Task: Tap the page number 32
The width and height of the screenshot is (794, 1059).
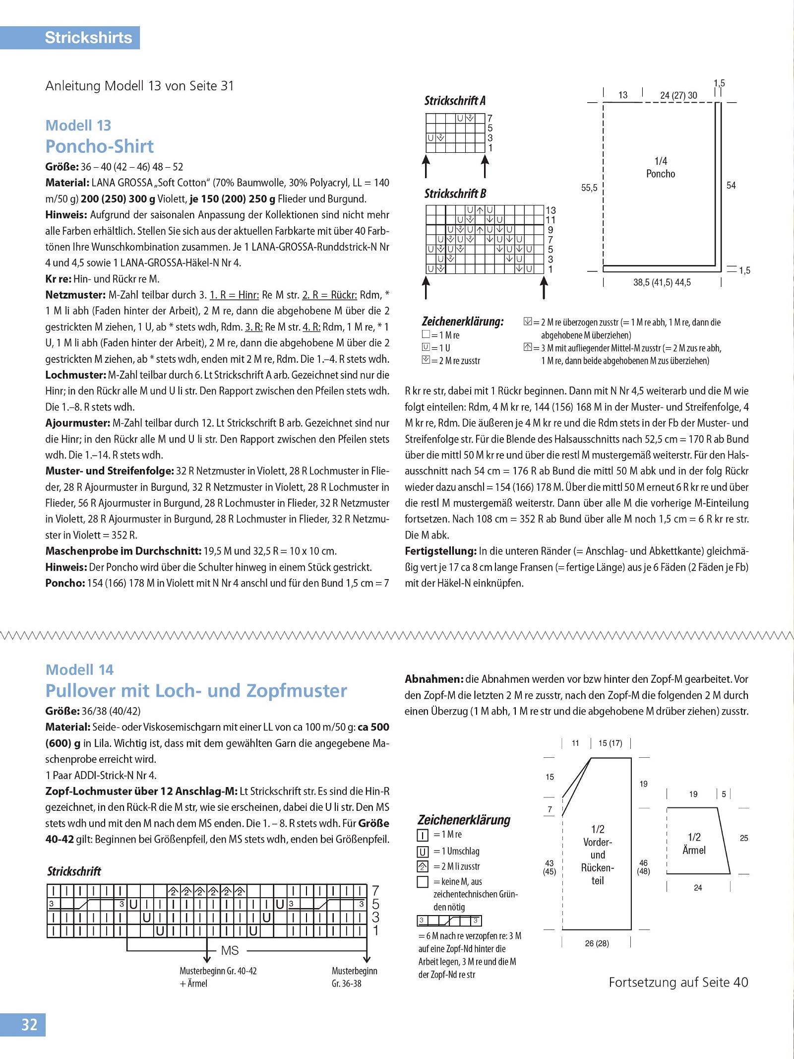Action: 29,1025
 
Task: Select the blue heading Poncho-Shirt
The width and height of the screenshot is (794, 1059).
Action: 99,146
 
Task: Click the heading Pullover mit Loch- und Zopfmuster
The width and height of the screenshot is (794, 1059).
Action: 196,691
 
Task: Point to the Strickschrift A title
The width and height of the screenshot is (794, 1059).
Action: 454,101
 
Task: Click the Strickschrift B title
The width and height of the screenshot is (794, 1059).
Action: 455,194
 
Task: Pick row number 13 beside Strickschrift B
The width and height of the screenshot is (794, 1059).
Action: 550,210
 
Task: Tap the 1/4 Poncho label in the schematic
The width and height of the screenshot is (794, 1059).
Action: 660,167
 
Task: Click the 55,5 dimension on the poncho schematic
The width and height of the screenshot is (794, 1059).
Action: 589,188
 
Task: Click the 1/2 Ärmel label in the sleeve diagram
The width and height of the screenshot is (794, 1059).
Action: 694,844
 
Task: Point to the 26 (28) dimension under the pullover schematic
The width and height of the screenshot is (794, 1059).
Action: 597,943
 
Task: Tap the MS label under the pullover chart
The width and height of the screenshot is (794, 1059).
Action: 230,950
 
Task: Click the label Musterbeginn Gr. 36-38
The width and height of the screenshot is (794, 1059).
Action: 354,977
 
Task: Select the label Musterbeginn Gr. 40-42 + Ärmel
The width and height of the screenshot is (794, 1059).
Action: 218,977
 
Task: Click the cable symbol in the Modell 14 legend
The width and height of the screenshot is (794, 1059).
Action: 449,921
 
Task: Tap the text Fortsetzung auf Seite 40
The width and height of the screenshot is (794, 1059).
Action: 678,982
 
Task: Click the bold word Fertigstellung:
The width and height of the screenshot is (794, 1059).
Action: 440,551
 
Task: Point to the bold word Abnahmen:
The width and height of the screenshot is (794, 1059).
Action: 433,679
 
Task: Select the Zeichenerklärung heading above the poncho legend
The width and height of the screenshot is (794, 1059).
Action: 462,322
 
